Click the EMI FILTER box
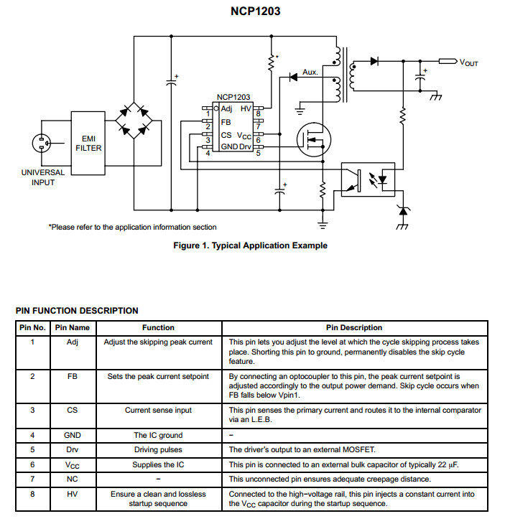[x=89, y=143]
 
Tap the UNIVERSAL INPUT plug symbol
[x=42, y=144]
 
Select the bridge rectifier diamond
[x=134, y=120]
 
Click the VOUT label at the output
[x=468, y=63]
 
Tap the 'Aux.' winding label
[x=310, y=72]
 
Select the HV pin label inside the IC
[x=246, y=108]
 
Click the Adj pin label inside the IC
[x=227, y=108]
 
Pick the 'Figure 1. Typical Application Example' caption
[x=250, y=245]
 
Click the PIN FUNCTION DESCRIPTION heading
[x=77, y=311]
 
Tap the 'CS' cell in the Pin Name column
[x=73, y=411]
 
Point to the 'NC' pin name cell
[x=73, y=479]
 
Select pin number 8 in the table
[x=32, y=494]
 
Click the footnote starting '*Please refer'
[x=132, y=227]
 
